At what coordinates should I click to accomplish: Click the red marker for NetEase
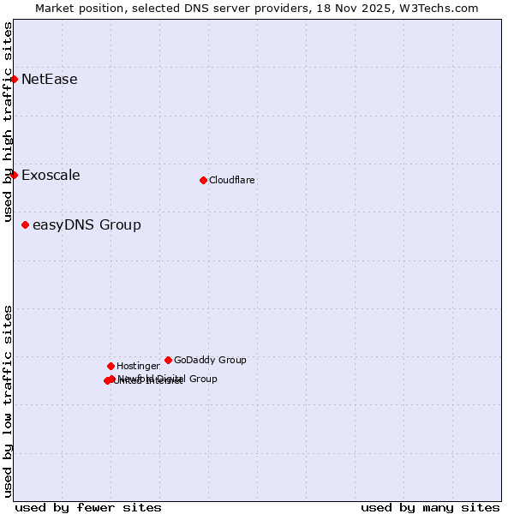pos(14,80)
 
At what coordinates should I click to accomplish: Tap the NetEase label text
pos(49,80)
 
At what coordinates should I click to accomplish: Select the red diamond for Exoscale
pos(14,176)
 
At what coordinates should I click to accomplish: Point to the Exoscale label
pos(51,176)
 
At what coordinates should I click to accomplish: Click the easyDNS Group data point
pos(26,225)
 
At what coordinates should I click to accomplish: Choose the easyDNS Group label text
pos(87,225)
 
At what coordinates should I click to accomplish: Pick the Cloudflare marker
pos(203,180)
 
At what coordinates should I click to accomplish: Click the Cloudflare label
pos(231,180)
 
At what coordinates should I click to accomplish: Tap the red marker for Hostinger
pos(111,366)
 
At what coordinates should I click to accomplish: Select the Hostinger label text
pos(138,366)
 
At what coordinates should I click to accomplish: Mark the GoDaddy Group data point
pos(168,360)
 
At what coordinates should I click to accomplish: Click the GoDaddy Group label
pos(210,360)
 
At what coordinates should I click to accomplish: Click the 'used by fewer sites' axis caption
pos(88,507)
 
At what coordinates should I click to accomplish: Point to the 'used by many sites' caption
pos(430,507)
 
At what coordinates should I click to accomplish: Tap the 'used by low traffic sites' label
pos(9,400)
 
